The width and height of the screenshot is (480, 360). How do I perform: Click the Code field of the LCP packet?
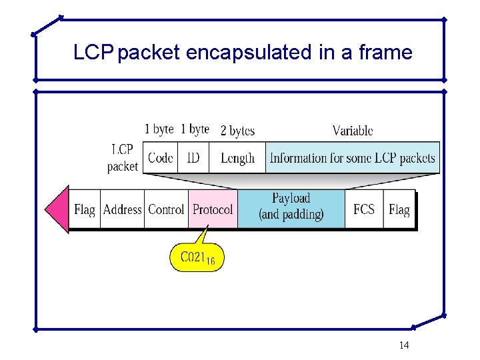(x=161, y=158)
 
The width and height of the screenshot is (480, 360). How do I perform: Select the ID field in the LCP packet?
(x=193, y=158)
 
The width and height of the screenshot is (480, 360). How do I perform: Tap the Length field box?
(x=237, y=158)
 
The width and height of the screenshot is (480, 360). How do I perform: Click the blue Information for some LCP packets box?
(x=352, y=158)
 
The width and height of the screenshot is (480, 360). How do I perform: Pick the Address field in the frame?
(x=122, y=209)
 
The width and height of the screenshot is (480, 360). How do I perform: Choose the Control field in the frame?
(x=166, y=209)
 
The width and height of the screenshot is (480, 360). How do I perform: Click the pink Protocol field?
(x=213, y=209)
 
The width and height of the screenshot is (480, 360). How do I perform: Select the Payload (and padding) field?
(x=291, y=207)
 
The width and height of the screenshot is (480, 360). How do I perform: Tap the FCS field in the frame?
(x=364, y=209)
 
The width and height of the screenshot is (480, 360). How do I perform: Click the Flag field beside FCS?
(x=399, y=209)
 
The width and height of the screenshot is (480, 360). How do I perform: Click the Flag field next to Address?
(x=85, y=209)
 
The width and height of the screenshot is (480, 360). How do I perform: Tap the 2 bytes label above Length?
(x=237, y=131)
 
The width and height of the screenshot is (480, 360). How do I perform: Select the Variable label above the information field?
(x=353, y=131)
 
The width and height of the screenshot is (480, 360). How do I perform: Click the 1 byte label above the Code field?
(x=159, y=129)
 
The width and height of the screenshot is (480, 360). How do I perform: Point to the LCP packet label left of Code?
(x=123, y=158)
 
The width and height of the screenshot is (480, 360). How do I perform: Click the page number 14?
(x=403, y=345)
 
